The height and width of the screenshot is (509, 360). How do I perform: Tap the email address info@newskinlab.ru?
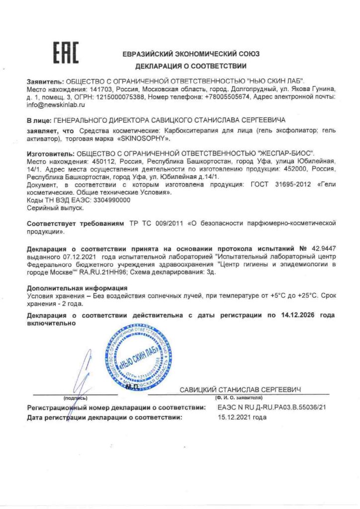pos(57,105)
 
